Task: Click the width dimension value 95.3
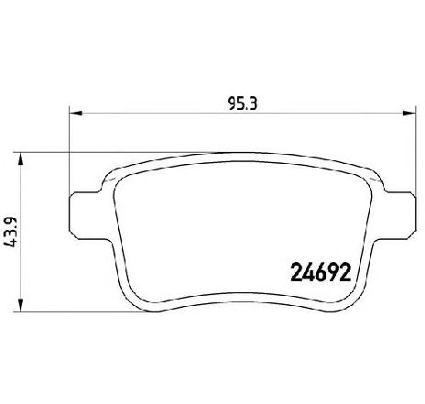(240, 104)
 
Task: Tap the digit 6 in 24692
(316, 272)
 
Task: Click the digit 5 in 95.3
(233, 104)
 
